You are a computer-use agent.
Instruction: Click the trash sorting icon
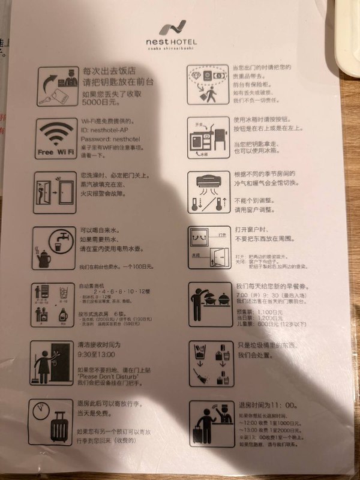[211, 364]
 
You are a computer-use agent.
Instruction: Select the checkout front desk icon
[210, 422]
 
